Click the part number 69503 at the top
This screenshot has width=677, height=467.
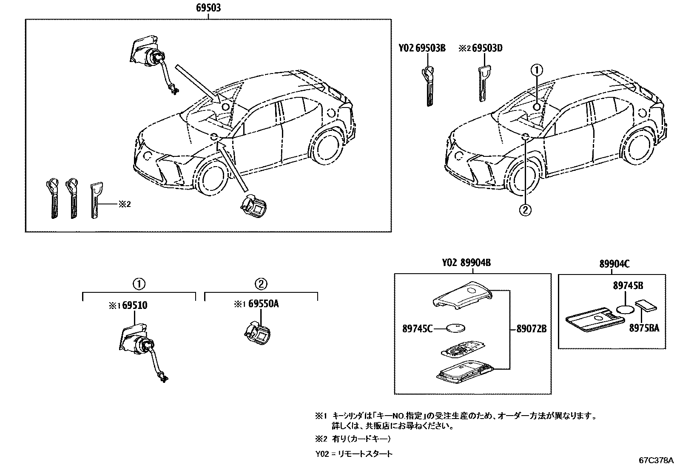(208, 8)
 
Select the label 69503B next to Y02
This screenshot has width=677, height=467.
(430, 48)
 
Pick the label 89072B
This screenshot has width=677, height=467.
(532, 328)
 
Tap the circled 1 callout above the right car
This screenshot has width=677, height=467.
(537, 69)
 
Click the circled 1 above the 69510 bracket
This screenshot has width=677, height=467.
(139, 284)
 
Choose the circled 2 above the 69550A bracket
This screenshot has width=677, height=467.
(261, 284)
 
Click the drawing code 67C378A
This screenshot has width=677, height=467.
(656, 460)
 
